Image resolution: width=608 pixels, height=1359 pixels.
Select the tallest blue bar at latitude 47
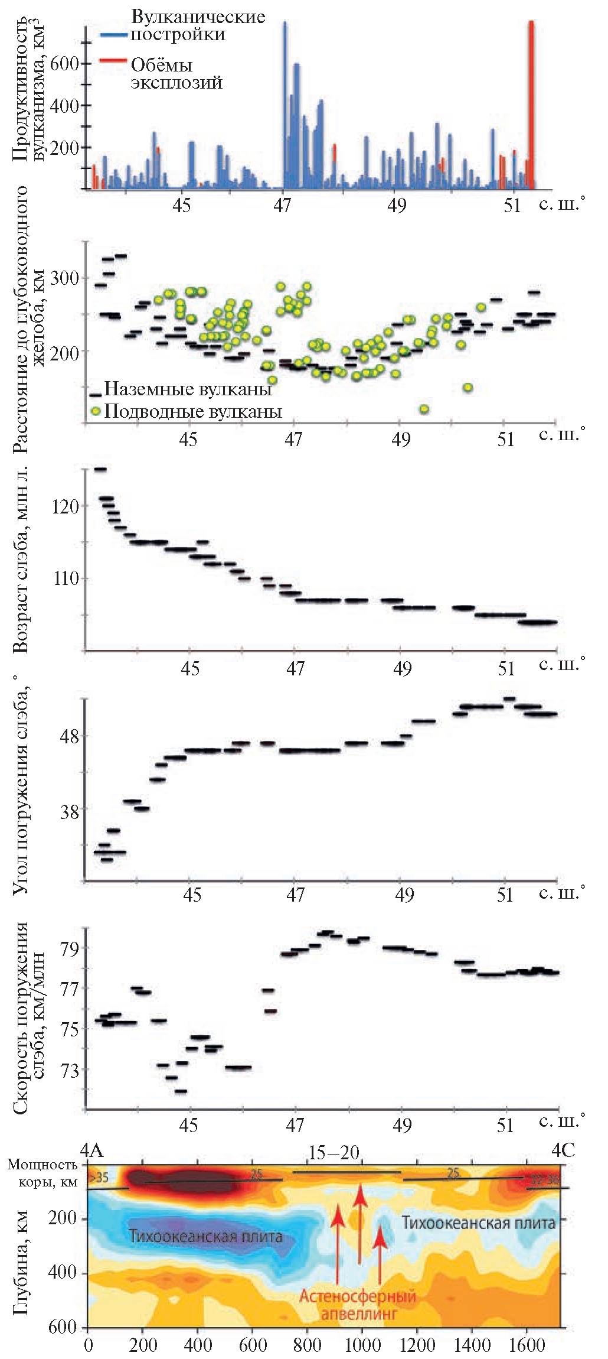(285, 106)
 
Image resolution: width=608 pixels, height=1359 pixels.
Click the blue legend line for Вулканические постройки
(114, 35)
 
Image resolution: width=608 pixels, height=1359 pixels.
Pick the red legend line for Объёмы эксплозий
(114, 60)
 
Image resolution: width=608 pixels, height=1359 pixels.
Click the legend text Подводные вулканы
(192, 411)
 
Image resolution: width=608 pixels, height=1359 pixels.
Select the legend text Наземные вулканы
(188, 389)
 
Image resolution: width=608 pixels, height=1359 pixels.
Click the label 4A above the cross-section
(92, 1150)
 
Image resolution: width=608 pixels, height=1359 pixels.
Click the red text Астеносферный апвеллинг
(358, 1305)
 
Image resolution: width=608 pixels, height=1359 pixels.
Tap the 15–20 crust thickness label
(334, 1152)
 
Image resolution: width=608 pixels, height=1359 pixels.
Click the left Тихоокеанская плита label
(205, 1236)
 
